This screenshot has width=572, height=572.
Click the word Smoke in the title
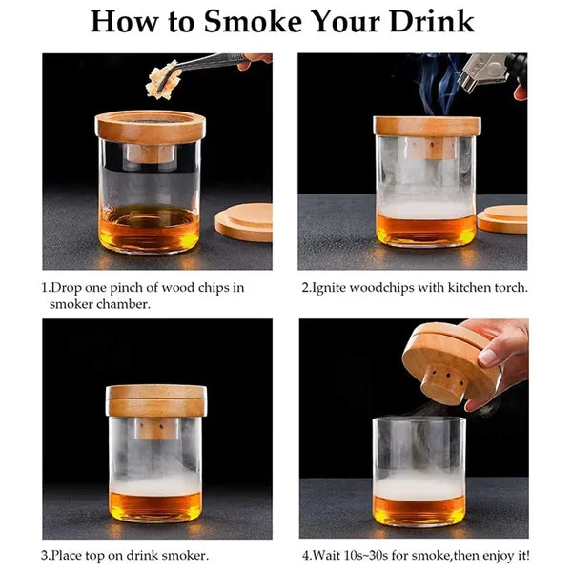[x=246, y=22]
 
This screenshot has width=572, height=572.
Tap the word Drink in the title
[x=431, y=22]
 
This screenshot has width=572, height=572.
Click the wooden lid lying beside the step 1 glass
[x=244, y=221]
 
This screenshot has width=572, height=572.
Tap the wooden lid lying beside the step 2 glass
[x=503, y=218]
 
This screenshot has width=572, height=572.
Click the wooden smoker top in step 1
[x=150, y=127]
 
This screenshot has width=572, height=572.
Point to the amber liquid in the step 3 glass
[x=156, y=504]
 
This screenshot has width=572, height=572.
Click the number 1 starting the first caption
[x=44, y=286]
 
